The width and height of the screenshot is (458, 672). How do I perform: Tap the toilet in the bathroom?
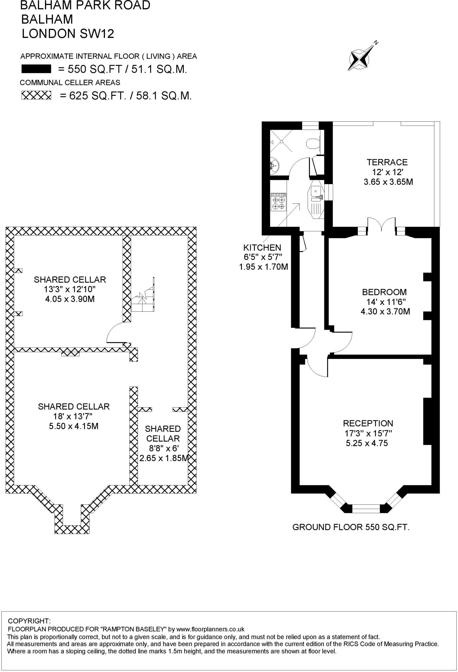[313, 143]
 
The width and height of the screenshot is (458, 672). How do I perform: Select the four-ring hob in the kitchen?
[278, 201]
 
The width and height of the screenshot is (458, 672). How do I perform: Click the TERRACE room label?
[387, 162]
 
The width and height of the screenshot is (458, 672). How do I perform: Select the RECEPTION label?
[368, 423]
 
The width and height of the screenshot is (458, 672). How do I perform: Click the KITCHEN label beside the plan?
[262, 247]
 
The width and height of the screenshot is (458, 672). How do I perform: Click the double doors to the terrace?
[381, 225]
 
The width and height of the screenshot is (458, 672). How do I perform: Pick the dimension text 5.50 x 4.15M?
[74, 426]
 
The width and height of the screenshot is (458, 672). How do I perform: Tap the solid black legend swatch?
[36, 69]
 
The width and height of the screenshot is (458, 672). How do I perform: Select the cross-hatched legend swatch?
[36, 95]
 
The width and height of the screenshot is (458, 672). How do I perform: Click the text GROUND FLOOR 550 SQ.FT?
[351, 527]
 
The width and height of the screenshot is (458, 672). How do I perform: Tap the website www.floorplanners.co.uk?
[210, 629]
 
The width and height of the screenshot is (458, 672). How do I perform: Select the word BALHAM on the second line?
[47, 19]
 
